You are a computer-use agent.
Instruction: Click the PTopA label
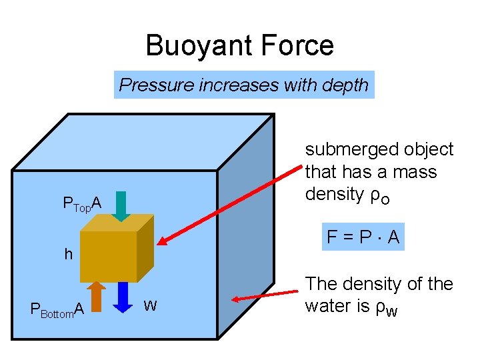(81, 203)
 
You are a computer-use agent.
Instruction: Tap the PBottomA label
(57, 309)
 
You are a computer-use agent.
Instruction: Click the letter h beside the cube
(68, 254)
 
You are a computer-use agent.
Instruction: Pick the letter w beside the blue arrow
(151, 306)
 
